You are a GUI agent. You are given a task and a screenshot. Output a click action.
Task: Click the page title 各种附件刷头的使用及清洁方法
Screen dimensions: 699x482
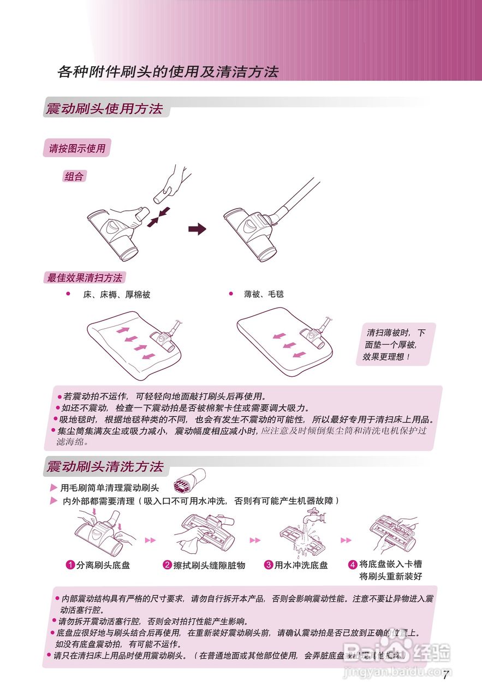pos(168,72)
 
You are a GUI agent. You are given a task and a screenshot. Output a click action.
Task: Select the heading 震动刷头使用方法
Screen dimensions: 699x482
pos(104,109)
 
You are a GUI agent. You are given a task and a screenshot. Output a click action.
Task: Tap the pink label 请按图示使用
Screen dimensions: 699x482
pos(77,148)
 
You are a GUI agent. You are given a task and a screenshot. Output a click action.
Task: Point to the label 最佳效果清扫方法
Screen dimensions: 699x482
pos(85,277)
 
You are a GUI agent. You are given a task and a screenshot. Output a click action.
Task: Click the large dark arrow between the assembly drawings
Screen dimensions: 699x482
pos(197,229)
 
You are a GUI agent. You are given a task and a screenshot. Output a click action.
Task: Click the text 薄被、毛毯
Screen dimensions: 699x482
pos(264,294)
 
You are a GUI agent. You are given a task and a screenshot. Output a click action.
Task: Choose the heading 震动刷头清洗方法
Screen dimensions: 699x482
pos(105,467)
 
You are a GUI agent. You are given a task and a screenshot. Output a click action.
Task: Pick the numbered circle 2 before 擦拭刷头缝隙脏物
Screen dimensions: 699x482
pos(168,565)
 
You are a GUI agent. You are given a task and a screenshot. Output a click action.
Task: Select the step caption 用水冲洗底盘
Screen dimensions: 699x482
pos(301,565)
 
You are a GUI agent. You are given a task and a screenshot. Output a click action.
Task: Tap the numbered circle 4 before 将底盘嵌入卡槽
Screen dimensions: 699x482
pos(353,564)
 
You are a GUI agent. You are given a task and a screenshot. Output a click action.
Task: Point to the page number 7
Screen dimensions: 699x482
pos(445,676)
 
